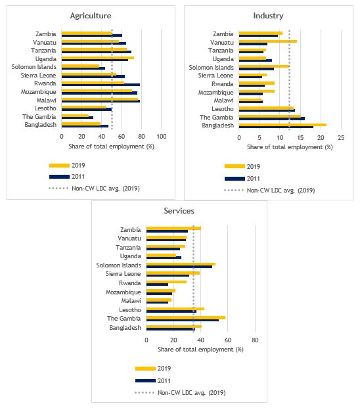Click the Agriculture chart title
90,15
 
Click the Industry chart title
268,15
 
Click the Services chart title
179,211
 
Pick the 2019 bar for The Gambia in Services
185,317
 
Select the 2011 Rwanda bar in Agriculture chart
101,85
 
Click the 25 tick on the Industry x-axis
341,137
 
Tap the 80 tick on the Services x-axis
256,340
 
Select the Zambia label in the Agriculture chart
47,34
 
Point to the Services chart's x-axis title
200,349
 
